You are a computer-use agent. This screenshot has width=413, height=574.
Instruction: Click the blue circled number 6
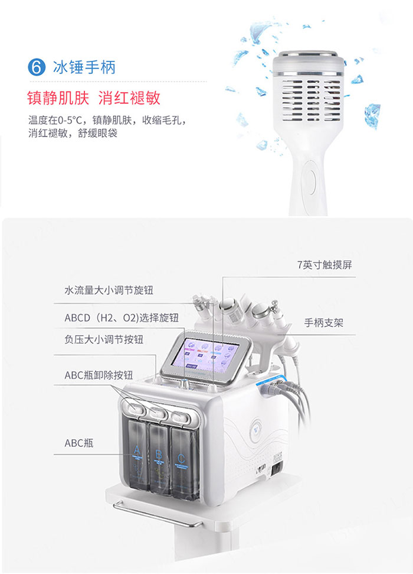point(37,67)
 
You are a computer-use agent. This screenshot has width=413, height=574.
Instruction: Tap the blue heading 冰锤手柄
point(84,67)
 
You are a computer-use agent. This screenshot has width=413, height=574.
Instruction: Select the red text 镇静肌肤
point(58,98)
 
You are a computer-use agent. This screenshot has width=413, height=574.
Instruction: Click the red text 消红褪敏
point(129,98)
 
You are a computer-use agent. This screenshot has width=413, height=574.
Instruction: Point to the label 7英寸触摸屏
point(324,265)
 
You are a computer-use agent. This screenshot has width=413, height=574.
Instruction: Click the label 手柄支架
point(324,323)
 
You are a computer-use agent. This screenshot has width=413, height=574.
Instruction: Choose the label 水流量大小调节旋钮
point(109,290)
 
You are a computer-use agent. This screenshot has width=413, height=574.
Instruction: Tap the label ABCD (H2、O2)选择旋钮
point(122,317)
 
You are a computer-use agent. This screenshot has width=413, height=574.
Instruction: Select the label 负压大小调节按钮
point(104,339)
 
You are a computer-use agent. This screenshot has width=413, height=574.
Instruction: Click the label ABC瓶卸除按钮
point(99,375)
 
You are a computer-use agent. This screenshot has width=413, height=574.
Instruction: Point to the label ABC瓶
point(79,443)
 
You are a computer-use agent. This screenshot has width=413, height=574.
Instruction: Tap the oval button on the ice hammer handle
point(311,180)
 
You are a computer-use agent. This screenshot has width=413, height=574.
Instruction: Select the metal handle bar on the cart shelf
point(156,515)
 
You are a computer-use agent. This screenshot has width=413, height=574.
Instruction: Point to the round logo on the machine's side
point(255,429)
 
